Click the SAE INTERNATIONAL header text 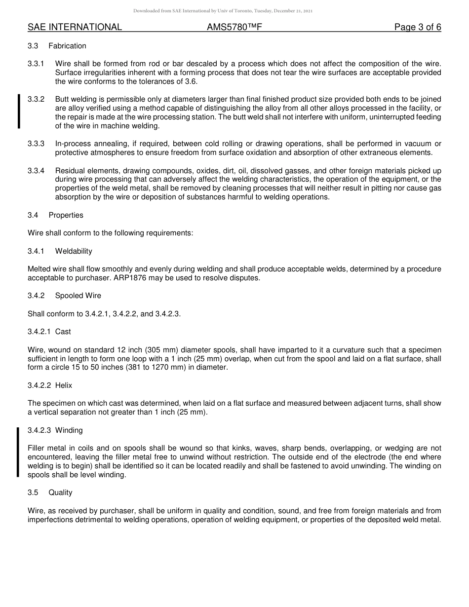(75, 27)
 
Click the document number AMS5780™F (234, 27)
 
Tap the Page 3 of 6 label (417, 27)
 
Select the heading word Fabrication (67, 46)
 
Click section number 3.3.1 (36, 64)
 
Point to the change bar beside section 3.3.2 (19, 112)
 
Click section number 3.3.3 (36, 144)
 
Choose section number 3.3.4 (36, 170)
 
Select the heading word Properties (66, 215)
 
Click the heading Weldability (74, 251)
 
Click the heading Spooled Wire (78, 296)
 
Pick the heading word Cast (63, 332)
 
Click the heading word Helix (64, 385)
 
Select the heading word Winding (69, 430)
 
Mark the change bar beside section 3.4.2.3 (18, 453)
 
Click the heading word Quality (60, 493)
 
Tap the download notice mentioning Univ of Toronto (223, 11)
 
